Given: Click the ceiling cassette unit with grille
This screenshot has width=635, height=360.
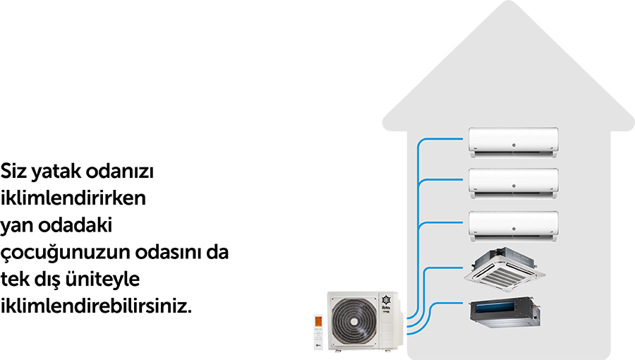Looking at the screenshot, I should click(x=504, y=266).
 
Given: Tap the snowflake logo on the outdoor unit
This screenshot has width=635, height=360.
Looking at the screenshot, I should click(x=387, y=299).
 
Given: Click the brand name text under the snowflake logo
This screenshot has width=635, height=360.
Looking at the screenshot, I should click(x=387, y=311).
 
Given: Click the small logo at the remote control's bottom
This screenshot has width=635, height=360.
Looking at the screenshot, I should click(x=318, y=346).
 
